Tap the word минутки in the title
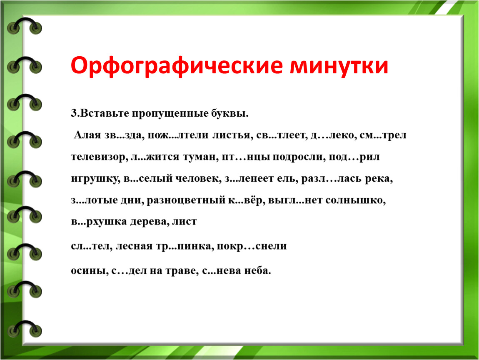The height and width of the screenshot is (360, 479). click(339, 66)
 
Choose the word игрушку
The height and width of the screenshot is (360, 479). click(96, 179)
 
